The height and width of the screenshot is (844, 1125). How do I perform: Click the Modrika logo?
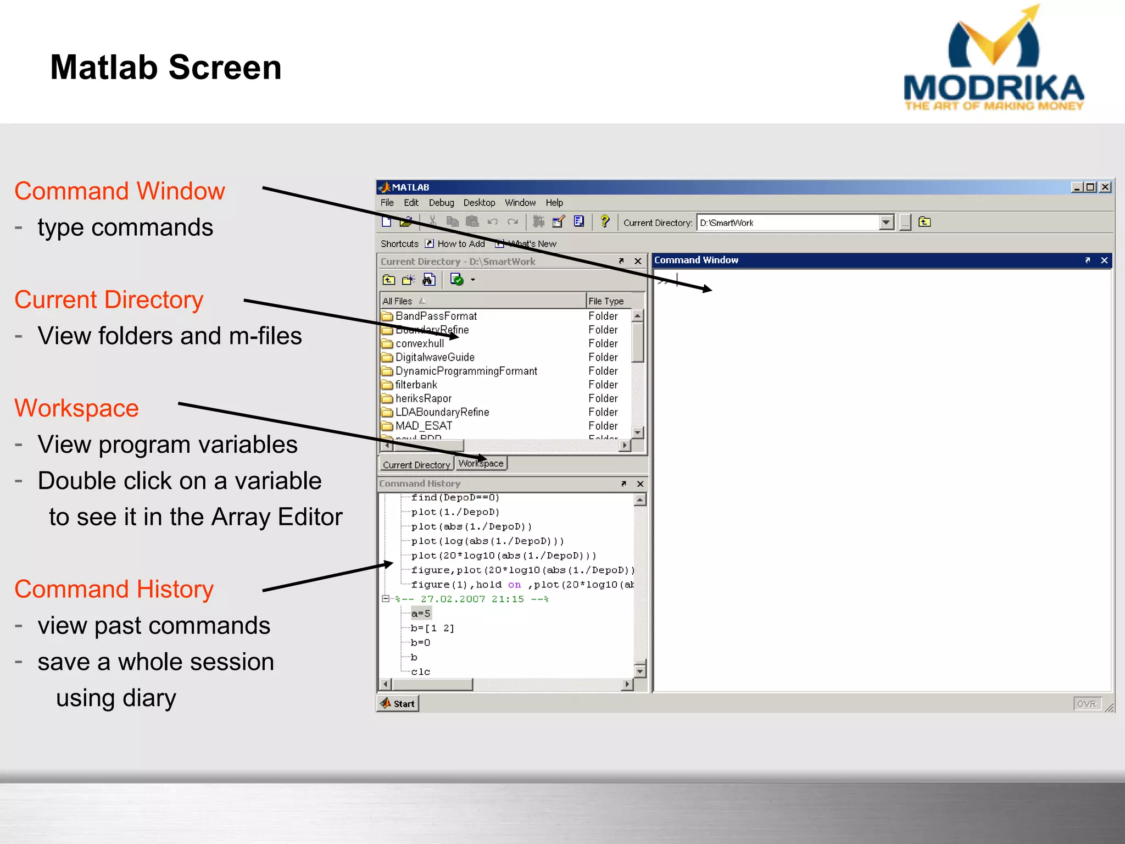(x=993, y=60)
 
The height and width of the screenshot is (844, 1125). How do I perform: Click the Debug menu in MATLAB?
(x=441, y=203)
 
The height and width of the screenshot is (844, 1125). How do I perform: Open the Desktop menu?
(x=479, y=203)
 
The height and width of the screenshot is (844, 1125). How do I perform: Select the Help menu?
(x=554, y=203)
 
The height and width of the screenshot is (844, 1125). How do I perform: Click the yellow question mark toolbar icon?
(x=604, y=222)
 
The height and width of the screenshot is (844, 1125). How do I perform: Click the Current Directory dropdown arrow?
(x=885, y=223)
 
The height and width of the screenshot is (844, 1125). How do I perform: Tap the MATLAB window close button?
(x=1105, y=187)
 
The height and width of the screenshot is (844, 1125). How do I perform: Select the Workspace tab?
(x=481, y=464)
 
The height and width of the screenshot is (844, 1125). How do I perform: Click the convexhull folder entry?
(x=420, y=344)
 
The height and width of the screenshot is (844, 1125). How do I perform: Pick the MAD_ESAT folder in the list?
(x=424, y=426)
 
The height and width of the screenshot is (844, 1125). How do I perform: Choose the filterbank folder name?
(x=416, y=385)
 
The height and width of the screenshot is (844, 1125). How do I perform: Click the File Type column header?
(x=606, y=301)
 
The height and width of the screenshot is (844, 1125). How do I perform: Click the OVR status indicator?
(x=1086, y=704)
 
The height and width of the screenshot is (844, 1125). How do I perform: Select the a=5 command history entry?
(x=421, y=614)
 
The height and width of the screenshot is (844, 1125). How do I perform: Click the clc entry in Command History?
(x=421, y=672)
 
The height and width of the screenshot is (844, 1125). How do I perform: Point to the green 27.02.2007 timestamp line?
(x=472, y=599)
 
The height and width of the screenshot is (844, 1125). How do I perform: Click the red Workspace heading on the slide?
(x=77, y=408)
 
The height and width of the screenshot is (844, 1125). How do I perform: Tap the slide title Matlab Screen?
(x=166, y=68)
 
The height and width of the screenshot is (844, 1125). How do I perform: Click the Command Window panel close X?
(x=1104, y=260)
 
